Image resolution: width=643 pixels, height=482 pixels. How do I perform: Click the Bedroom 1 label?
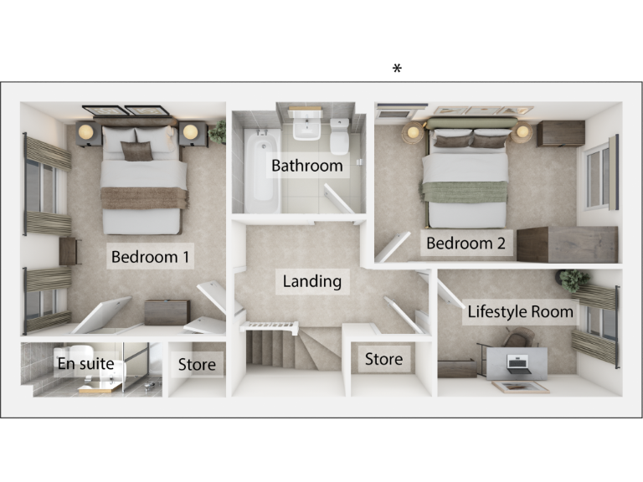pyautogui.click(x=150, y=256)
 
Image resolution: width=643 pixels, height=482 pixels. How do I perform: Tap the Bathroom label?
pyautogui.click(x=306, y=166)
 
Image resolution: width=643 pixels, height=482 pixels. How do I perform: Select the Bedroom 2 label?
pyautogui.click(x=466, y=244)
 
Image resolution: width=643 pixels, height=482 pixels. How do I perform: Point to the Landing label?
pyautogui.click(x=311, y=281)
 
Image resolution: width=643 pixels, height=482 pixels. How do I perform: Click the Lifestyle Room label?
pyautogui.click(x=521, y=312)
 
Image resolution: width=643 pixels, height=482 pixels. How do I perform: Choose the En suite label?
pyautogui.click(x=85, y=363)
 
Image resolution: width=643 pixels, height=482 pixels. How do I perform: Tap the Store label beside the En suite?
pyautogui.click(x=197, y=364)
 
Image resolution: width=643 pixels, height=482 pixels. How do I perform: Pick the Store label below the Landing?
pyautogui.click(x=383, y=360)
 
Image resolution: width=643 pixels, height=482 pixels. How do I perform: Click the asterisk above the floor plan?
pyautogui.click(x=397, y=69)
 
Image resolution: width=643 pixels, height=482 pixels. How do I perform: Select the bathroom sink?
pyautogui.click(x=306, y=128)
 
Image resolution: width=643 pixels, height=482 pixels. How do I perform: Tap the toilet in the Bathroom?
pyautogui.click(x=340, y=133)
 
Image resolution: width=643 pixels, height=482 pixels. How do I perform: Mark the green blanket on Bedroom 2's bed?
pyautogui.click(x=465, y=192)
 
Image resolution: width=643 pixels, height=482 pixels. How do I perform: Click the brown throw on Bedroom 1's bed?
pyautogui.click(x=143, y=197)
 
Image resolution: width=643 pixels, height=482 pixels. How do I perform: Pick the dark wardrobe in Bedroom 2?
pyautogui.click(x=567, y=244)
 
